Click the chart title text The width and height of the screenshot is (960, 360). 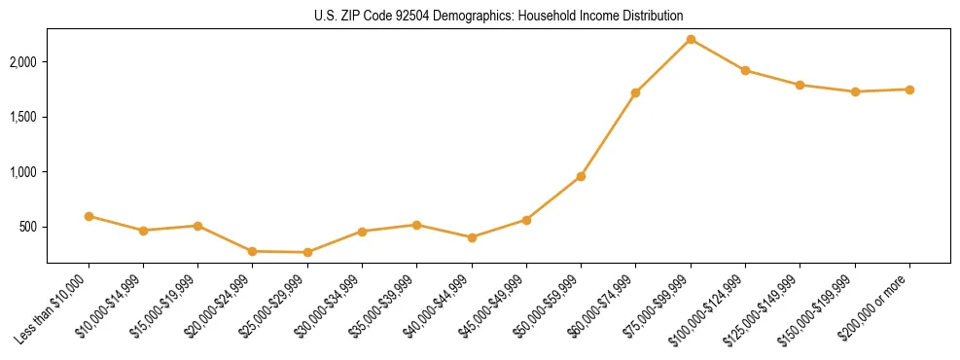click(x=498, y=16)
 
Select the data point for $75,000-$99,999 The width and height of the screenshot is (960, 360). click(x=691, y=39)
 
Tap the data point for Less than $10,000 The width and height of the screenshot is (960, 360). click(x=89, y=216)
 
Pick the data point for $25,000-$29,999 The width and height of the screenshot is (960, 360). click(x=307, y=252)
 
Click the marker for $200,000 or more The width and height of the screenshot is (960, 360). click(x=909, y=90)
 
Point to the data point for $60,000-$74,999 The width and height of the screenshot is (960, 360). click(x=636, y=93)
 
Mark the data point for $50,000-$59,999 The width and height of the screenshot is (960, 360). click(x=581, y=176)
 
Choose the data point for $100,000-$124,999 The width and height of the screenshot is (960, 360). click(x=745, y=70)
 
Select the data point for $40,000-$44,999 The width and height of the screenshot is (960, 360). click(x=472, y=237)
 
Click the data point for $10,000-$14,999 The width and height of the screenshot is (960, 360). click(x=143, y=231)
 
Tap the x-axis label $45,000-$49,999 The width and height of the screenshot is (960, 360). click(x=492, y=308)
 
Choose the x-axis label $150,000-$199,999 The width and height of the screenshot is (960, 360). click(x=819, y=310)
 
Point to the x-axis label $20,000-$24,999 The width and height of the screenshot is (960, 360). click(x=219, y=308)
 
